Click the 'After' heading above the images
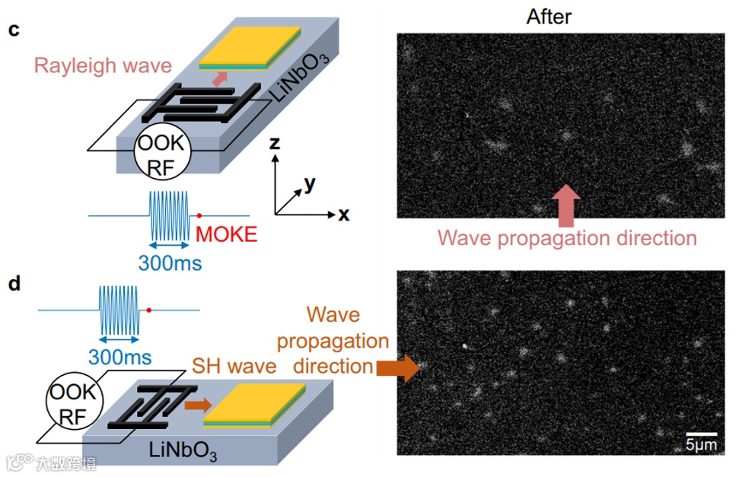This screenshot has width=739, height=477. click(549, 16)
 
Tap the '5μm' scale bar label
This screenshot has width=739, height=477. click(701, 444)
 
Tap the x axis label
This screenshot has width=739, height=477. click(344, 215)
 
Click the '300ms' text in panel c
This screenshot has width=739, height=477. click(170, 263)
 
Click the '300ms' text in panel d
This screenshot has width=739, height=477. click(119, 356)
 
